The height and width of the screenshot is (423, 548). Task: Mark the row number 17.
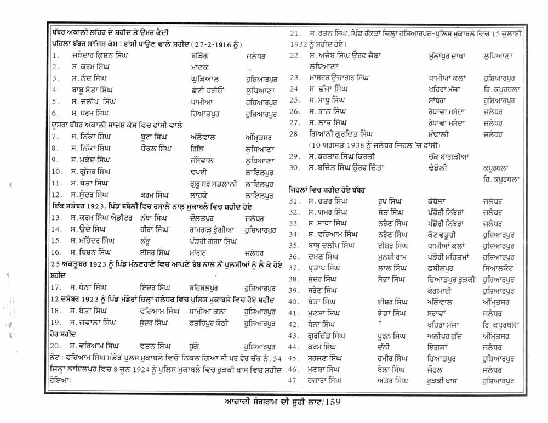55,287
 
